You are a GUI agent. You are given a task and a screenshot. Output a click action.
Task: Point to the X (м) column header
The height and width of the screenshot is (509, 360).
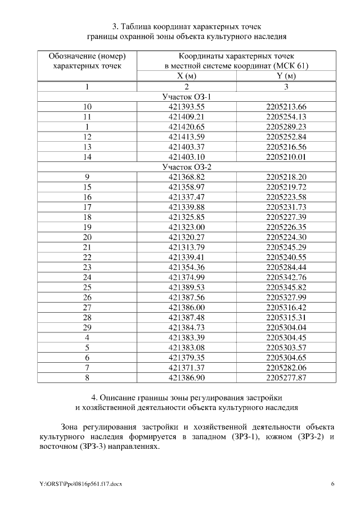[187, 76]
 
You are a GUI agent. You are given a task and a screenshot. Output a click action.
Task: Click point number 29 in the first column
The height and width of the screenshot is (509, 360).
[87, 327]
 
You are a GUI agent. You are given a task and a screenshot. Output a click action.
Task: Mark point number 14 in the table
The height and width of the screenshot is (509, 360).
[87, 157]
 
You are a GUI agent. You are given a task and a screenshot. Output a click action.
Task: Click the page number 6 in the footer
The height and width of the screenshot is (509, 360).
[332, 484]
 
